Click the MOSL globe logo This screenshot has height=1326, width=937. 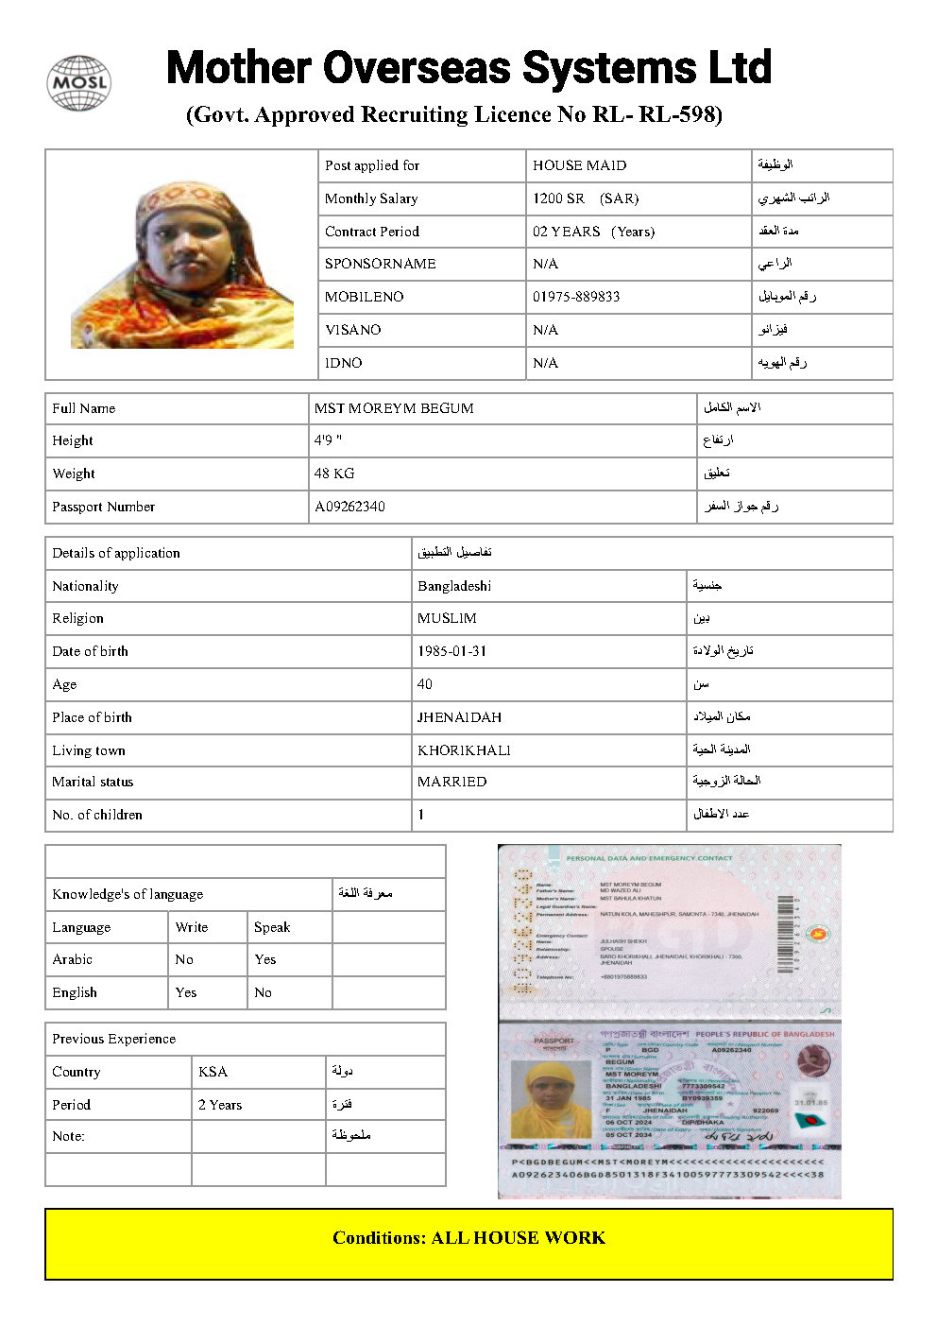pos(79,82)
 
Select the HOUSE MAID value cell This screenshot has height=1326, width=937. pos(579,165)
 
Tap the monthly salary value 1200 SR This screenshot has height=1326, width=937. pos(558,198)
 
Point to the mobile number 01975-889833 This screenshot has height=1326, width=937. pos(576,297)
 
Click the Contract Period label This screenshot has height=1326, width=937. pos(371,232)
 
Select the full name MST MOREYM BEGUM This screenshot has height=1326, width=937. pos(394,408)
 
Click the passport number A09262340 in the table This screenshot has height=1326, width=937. pos(349,507)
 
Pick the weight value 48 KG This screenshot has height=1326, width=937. pos(334,474)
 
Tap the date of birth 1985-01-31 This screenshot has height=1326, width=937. pos(451,651)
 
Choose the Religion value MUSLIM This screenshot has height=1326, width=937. pos(447,618)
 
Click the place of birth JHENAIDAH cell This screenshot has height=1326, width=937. pos(459,717)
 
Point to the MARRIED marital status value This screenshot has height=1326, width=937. pos(451,782)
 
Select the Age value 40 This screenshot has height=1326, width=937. pos(425,684)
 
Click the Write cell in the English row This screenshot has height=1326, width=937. pos(186,992)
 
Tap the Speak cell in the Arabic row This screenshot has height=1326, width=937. pos(265,959)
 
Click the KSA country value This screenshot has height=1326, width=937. pos(213,1072)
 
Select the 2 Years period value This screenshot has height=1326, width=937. pos(220,1105)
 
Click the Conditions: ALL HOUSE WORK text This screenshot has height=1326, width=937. pos(468,1238)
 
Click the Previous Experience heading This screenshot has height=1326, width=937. pos(113,1039)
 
